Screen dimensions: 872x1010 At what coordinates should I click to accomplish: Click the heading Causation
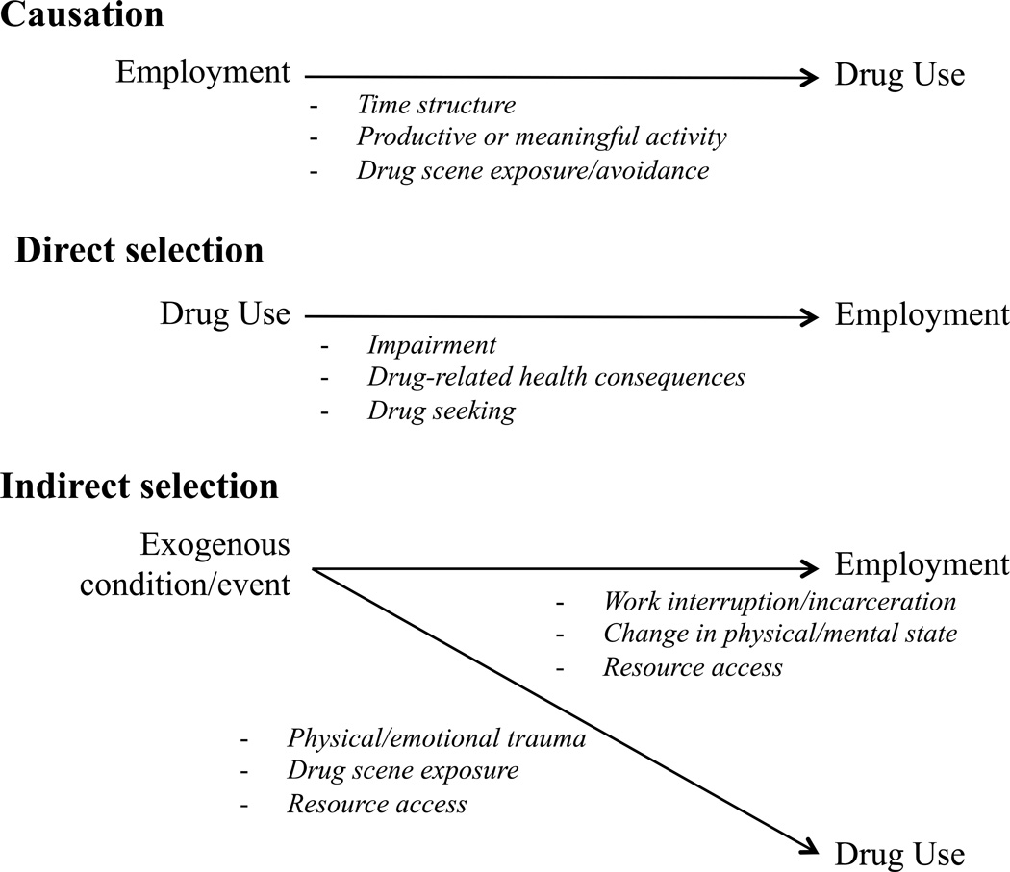click(82, 15)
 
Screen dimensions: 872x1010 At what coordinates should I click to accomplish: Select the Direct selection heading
click(139, 250)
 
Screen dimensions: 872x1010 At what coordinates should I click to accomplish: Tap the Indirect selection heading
click(139, 486)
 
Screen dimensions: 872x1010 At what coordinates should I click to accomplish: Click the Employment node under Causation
click(203, 73)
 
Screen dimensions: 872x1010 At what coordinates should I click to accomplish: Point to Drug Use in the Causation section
click(898, 76)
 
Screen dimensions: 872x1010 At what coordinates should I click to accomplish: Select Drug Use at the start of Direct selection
click(225, 314)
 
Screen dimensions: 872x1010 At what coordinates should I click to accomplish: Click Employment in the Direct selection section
click(922, 314)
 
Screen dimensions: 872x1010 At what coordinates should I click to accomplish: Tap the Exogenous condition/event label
click(215, 564)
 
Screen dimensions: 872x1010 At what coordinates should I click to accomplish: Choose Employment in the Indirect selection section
click(922, 564)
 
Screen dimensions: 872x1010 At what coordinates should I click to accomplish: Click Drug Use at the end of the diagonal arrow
click(898, 853)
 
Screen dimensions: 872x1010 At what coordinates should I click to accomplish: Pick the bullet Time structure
click(436, 105)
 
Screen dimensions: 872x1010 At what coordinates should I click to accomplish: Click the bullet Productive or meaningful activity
click(542, 137)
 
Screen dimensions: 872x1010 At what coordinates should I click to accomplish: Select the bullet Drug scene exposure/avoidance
click(533, 170)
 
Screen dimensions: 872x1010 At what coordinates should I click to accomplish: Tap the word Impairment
click(432, 345)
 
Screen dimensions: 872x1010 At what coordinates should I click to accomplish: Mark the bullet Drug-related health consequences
click(556, 378)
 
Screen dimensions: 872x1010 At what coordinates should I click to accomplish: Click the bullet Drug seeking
click(442, 411)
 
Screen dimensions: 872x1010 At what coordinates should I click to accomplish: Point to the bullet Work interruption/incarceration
click(779, 602)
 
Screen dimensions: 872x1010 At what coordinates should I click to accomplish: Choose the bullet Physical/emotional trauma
click(437, 739)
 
